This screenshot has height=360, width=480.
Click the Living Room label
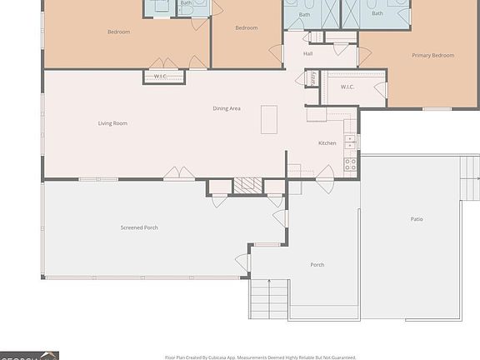point(112,123)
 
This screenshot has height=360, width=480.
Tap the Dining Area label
point(227,108)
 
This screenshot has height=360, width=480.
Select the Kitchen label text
point(327,143)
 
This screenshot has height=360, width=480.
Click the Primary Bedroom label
point(432,56)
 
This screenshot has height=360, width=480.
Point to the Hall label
point(307,54)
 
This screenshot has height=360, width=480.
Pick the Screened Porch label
point(139,227)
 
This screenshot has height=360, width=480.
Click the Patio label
point(416,219)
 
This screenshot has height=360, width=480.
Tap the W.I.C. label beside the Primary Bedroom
point(347,87)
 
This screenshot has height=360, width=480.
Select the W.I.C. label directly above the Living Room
point(160,77)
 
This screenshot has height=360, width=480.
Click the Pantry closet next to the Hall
point(312,77)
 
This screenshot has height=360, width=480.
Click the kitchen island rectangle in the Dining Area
point(269,119)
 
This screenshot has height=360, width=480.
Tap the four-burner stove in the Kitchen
point(351,164)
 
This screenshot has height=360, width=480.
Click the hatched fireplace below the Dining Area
point(247,186)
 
